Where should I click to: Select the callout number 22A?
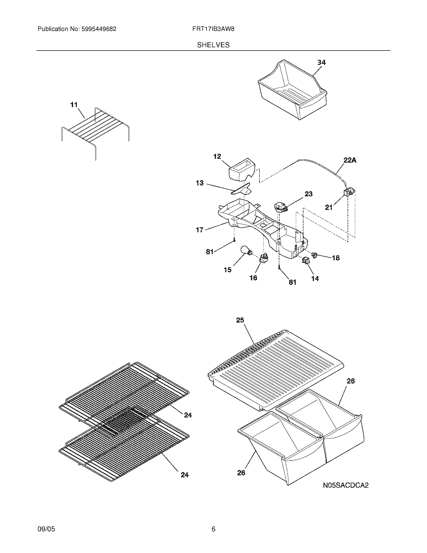(350, 160)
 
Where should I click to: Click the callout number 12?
(217, 157)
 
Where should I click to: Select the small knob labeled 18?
(315, 254)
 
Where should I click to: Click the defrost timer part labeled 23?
(280, 207)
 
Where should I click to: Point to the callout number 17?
(200, 230)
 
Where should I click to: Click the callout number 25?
(240, 320)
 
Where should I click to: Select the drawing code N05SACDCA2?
(346, 485)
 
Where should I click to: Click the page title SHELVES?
(213, 45)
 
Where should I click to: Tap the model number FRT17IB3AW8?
(213, 29)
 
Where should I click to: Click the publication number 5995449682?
(98, 29)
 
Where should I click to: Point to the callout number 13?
(200, 183)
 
